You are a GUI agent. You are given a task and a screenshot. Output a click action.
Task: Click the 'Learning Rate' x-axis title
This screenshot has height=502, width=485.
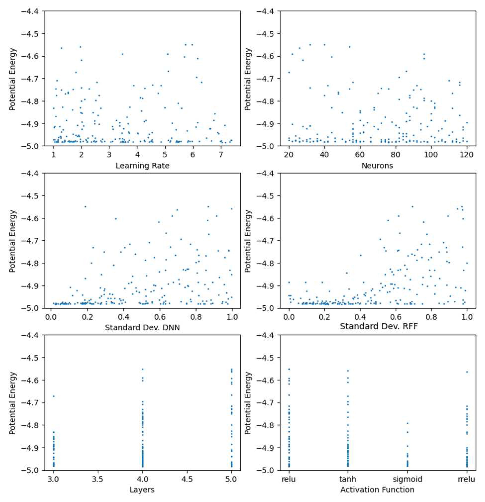pyautogui.click(x=142, y=166)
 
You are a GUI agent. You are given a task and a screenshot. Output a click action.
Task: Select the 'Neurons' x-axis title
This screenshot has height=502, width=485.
pyautogui.click(x=377, y=166)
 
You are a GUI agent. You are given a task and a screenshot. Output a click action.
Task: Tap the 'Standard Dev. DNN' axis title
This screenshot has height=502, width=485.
pyautogui.click(x=142, y=328)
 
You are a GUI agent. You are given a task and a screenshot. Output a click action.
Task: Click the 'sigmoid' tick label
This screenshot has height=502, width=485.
pyautogui.click(x=407, y=479)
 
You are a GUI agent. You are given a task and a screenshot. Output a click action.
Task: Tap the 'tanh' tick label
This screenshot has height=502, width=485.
pyautogui.click(x=348, y=479)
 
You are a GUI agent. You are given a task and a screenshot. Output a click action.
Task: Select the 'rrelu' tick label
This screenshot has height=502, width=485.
pyautogui.click(x=467, y=479)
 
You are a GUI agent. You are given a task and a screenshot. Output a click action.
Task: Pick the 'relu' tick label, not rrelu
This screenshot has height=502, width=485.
pyautogui.click(x=289, y=479)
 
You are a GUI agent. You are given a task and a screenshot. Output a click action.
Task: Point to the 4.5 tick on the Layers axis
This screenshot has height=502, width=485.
pyautogui.click(x=187, y=479)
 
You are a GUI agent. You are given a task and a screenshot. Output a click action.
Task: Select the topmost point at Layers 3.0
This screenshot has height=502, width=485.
pyautogui.click(x=54, y=396)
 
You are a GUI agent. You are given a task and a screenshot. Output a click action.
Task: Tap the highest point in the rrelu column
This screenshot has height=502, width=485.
pyautogui.click(x=467, y=372)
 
